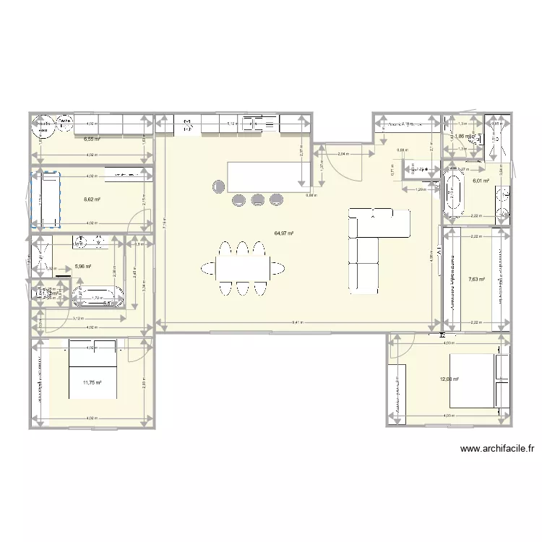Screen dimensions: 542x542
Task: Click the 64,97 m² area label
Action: pos(283,233)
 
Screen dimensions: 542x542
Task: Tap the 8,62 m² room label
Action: pos(91,199)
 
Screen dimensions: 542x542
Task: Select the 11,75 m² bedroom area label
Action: pos(92,384)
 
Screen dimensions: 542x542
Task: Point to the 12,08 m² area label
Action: pos(449,378)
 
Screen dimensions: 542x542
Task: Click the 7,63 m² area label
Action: pos(477,279)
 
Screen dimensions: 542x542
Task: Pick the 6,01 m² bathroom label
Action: pos(481,181)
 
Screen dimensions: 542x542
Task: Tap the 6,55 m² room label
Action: pos(92,139)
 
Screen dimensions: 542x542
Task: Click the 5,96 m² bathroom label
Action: pos(83,267)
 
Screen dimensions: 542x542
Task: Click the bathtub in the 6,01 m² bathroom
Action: pos(454,193)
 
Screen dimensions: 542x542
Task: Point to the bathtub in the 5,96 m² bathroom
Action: pos(100,295)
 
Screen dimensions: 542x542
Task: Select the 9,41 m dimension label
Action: pos(297,323)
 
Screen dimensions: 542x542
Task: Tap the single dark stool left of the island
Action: pos(218,186)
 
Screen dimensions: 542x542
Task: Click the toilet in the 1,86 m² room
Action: pos(474,137)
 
